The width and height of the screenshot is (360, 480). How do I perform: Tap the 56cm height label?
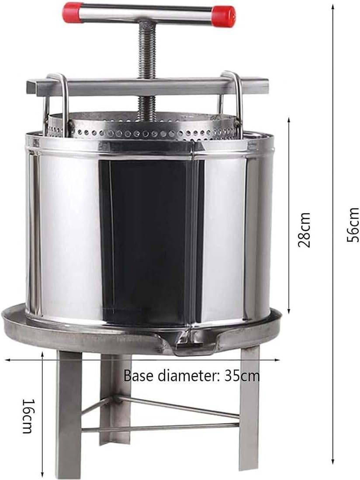pos(353,224)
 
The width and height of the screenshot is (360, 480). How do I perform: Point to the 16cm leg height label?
pos(28,416)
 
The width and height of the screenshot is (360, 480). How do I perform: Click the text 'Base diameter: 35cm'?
pos(192,375)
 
